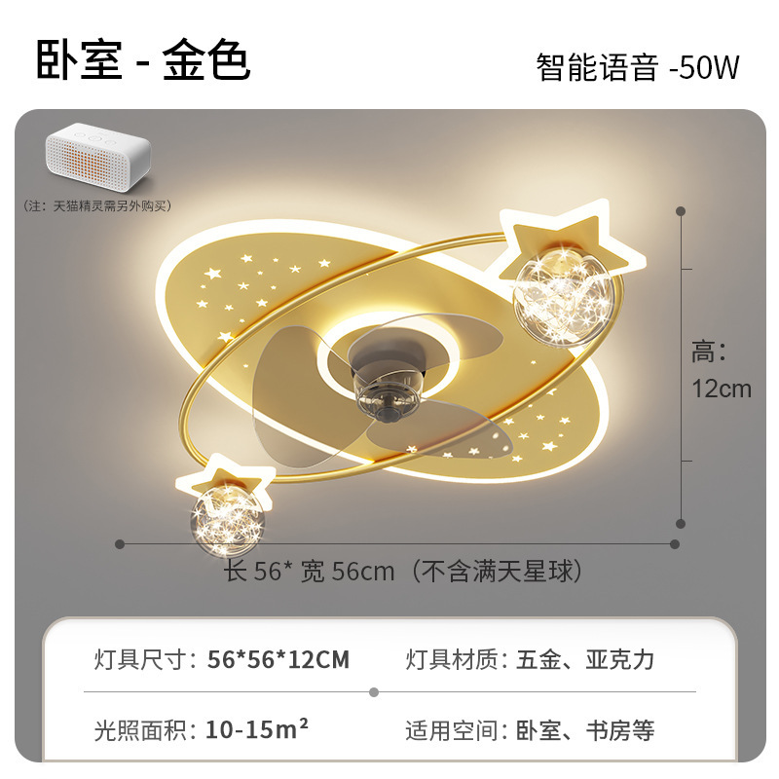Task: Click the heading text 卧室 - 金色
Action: pos(143,59)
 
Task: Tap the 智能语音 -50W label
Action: pos(638,67)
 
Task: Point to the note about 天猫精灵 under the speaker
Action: pos(96,206)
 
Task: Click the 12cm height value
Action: pos(722,389)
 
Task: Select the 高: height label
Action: pos(710,351)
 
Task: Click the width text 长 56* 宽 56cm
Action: pos(311,572)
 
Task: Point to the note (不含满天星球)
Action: pos(499,572)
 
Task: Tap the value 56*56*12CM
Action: pos(278,659)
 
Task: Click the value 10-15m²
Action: pos(258,728)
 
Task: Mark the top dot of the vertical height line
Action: pos(681,209)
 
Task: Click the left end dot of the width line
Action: pos(120,543)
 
